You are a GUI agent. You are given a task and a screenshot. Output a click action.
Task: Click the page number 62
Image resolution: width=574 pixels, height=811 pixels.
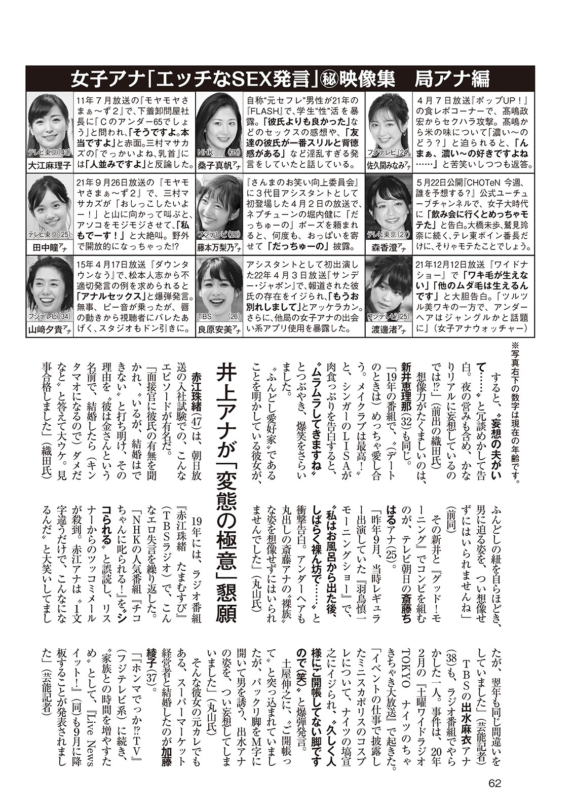(495, 783)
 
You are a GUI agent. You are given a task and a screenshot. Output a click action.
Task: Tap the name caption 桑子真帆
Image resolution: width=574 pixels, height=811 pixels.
(218, 165)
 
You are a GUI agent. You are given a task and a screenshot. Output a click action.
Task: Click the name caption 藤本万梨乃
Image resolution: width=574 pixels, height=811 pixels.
(218, 247)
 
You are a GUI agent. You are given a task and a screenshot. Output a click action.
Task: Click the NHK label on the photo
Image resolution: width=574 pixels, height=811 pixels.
(204, 152)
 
